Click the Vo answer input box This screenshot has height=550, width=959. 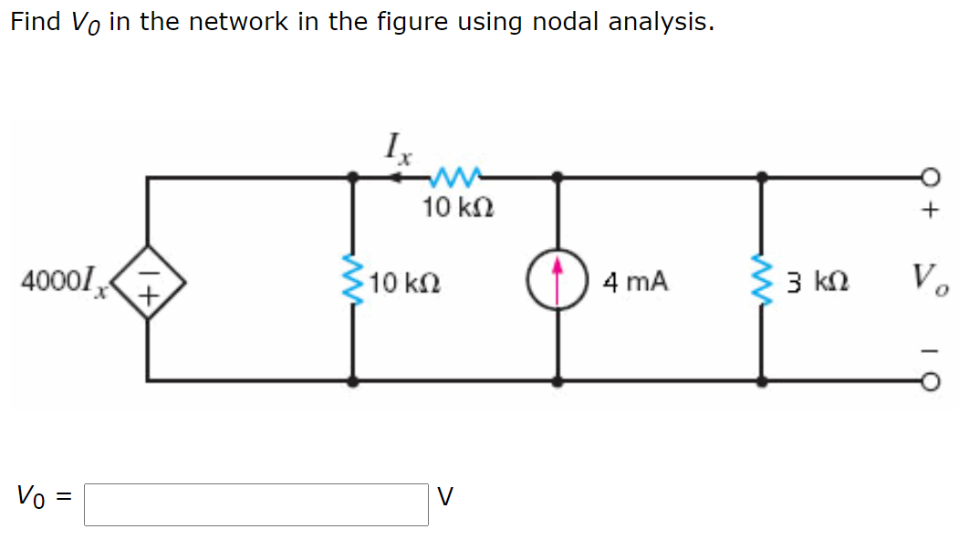point(255,504)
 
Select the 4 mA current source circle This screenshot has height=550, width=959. point(558,280)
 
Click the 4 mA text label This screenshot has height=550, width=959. point(636,283)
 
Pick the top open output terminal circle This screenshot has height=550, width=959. point(928,176)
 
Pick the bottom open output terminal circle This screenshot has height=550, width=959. point(928,381)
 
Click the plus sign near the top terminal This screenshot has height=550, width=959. point(929,212)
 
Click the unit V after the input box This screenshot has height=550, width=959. point(444,497)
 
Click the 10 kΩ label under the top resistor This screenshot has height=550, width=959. point(458,208)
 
